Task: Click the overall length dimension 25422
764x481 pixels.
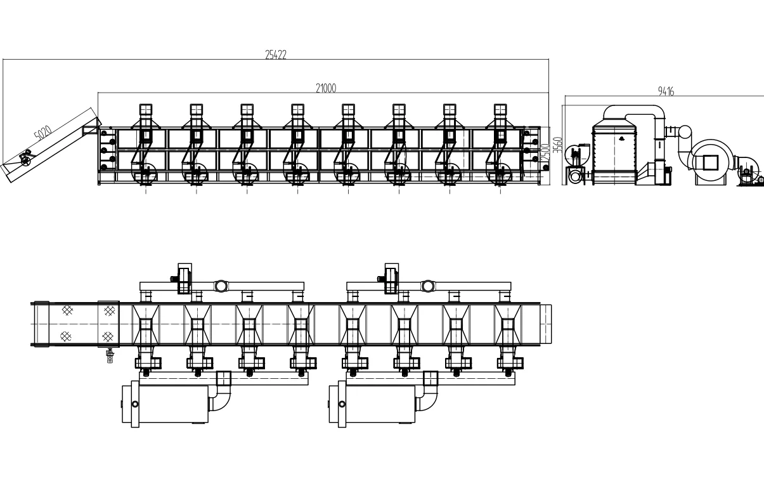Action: pos(276,55)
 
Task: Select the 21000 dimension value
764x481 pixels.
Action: pos(325,88)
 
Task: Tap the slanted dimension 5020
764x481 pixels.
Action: pos(42,134)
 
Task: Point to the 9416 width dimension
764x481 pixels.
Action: pos(666,92)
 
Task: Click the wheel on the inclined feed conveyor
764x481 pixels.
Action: pos(25,159)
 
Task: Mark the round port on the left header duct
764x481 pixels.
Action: pos(221,286)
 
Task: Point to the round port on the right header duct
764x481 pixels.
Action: pos(428,286)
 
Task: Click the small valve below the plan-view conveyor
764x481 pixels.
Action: pos(110,357)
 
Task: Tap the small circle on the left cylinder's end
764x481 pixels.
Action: pos(134,404)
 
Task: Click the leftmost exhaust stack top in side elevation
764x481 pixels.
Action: pos(146,109)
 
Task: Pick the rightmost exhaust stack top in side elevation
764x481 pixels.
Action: pos(501,109)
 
